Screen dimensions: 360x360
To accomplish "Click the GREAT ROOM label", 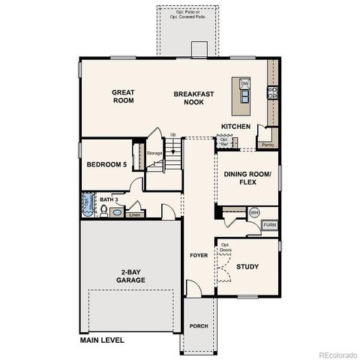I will coord(123,97).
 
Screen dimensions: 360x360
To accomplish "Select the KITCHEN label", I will coord(235,126).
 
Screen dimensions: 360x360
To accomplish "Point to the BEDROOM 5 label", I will coord(106,165).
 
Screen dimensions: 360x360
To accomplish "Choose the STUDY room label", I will coord(247,265).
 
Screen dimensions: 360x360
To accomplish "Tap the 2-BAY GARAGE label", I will coord(130,275).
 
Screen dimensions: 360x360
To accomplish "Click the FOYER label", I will coord(198,256).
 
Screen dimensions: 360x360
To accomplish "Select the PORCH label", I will coord(199,325).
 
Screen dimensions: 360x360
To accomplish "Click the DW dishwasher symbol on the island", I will coord(244,84).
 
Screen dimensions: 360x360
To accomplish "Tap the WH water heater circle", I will coord(253,211).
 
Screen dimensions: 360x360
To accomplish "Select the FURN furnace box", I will coord(268,224).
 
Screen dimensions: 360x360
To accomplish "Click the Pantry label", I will coord(268,144).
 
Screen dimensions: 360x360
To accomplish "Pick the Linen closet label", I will coord(134,214).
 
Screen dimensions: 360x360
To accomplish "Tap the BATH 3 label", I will coord(109,199).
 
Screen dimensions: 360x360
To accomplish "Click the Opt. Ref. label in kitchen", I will coord(223,141).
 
